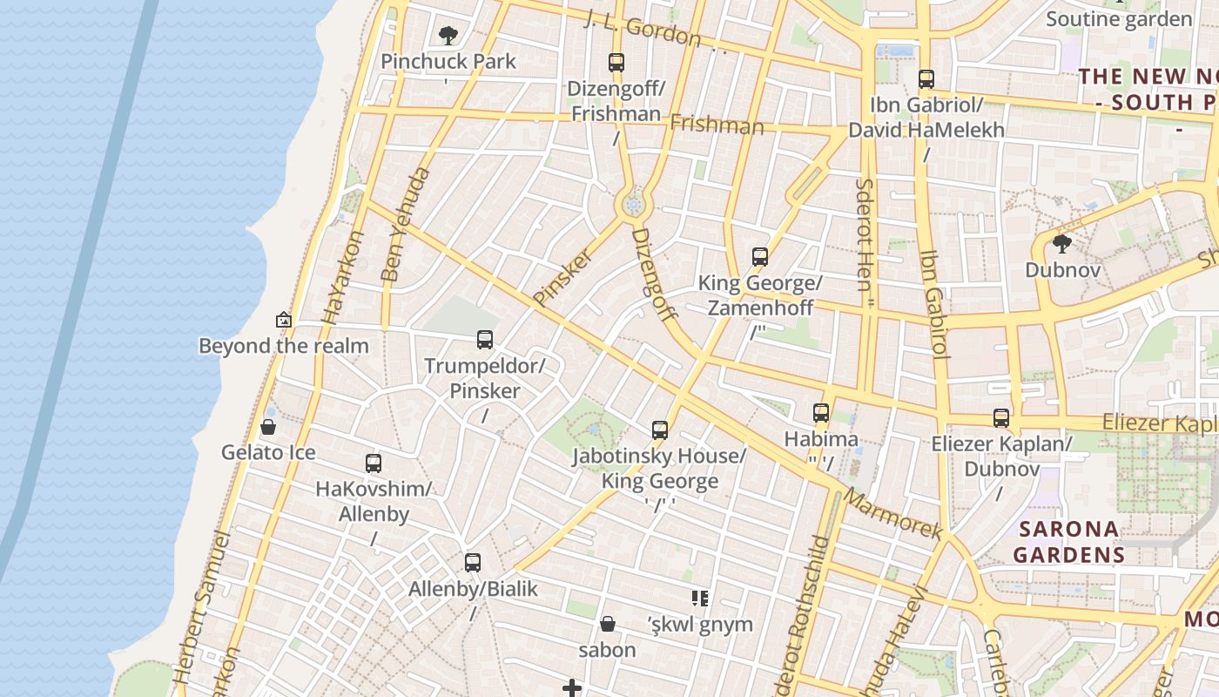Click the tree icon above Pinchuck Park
click(448, 36)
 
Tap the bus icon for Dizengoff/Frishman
click(616, 63)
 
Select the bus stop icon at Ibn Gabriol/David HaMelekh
click(926, 79)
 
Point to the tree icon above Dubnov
click(1061, 244)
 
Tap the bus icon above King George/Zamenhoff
click(760, 257)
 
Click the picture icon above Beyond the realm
click(283, 320)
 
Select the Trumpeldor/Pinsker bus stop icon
click(485, 340)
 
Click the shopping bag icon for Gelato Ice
click(268, 427)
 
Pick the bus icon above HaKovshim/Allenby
click(374, 464)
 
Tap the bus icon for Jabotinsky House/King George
click(660, 430)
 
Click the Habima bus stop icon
click(821, 413)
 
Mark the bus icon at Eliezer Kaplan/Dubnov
click(1001, 418)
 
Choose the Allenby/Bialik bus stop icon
click(473, 563)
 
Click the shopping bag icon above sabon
click(608, 624)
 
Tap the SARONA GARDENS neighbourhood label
click(1069, 541)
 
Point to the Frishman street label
click(717, 125)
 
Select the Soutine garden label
click(1119, 19)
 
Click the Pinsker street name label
click(562, 277)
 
